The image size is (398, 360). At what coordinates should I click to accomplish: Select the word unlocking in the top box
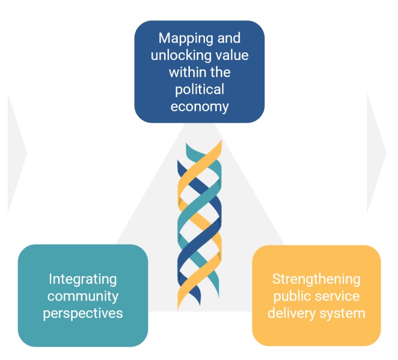tap(181, 55)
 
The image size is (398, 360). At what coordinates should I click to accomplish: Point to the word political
tap(200, 90)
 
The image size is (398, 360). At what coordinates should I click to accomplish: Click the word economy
tap(200, 107)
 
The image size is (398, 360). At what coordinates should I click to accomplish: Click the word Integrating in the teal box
tap(83, 279)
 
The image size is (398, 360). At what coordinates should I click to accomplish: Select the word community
tap(83, 296)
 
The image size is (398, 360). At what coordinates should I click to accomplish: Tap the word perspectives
tap(83, 313)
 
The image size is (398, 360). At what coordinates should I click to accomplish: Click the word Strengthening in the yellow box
tap(316, 279)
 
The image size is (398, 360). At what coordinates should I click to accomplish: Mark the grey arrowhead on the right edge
tap(376, 152)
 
